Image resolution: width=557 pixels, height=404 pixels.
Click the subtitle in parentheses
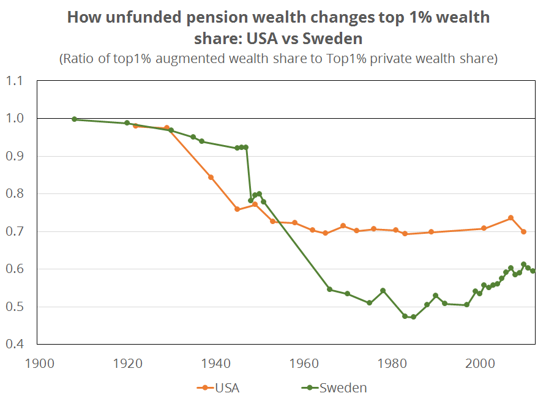278,59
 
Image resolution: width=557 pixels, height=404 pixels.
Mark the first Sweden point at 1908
75,119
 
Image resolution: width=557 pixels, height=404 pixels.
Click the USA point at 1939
211,178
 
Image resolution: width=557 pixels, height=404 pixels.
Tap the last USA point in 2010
523,231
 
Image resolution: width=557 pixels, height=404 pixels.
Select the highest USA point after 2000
510,218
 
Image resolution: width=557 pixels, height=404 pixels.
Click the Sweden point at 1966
330,289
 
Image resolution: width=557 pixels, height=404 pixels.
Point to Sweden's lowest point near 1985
413,316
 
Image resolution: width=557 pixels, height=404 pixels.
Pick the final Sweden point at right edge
533,271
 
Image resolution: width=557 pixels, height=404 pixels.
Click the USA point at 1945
237,209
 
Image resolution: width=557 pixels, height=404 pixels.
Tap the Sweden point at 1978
383,290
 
